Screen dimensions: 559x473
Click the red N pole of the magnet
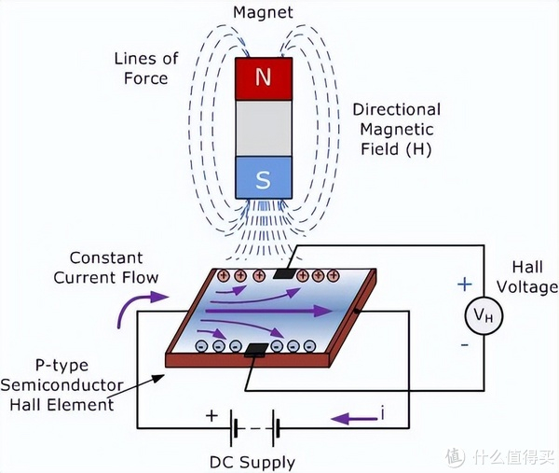tap(264, 78)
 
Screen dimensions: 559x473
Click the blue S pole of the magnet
tap(264, 177)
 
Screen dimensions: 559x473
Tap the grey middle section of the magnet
tap(264, 128)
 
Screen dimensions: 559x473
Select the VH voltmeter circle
tap(484, 315)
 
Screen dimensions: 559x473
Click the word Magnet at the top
tap(263, 12)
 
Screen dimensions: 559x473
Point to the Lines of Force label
tap(146, 68)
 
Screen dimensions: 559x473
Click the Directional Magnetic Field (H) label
tap(397, 130)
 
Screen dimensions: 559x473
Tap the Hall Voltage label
tap(527, 277)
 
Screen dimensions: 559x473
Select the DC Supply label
tap(252, 463)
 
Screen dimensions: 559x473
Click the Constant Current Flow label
tap(106, 268)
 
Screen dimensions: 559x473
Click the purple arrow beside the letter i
tap(354, 418)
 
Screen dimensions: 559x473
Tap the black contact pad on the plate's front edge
tap(256, 350)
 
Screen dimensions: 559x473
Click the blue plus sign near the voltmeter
tap(465, 285)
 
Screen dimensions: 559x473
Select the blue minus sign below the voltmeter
tap(465, 345)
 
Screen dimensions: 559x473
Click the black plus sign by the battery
tap(211, 415)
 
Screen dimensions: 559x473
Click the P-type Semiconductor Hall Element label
tap(61, 385)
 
